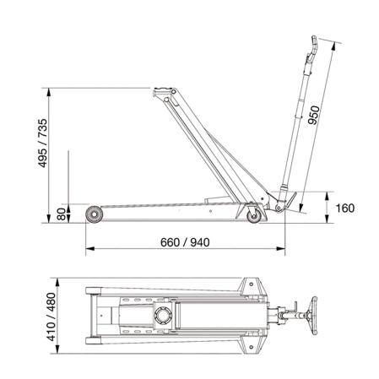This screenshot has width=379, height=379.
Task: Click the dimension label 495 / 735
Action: (x=43, y=143)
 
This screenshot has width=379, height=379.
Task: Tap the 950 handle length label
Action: (x=314, y=115)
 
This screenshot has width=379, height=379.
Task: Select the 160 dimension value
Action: (x=345, y=208)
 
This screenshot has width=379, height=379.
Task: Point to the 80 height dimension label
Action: (x=62, y=214)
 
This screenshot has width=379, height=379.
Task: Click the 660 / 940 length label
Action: (x=185, y=242)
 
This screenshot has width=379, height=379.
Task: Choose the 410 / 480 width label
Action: (x=51, y=317)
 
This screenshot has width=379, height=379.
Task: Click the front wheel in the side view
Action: (x=94, y=214)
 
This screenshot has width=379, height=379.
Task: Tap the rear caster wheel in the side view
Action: (x=254, y=216)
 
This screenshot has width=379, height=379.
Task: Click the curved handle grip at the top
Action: (x=313, y=48)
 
